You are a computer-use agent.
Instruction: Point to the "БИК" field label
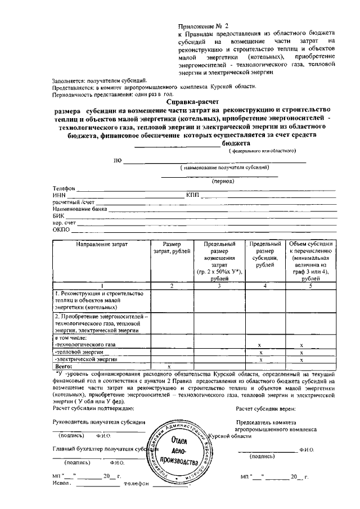[58, 216]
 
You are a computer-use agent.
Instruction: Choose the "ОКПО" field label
[61, 230]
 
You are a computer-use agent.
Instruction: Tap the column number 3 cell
[219, 286]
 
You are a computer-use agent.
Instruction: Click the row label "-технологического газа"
[85, 344]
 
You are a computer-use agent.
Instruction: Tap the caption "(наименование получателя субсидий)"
[224, 168]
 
